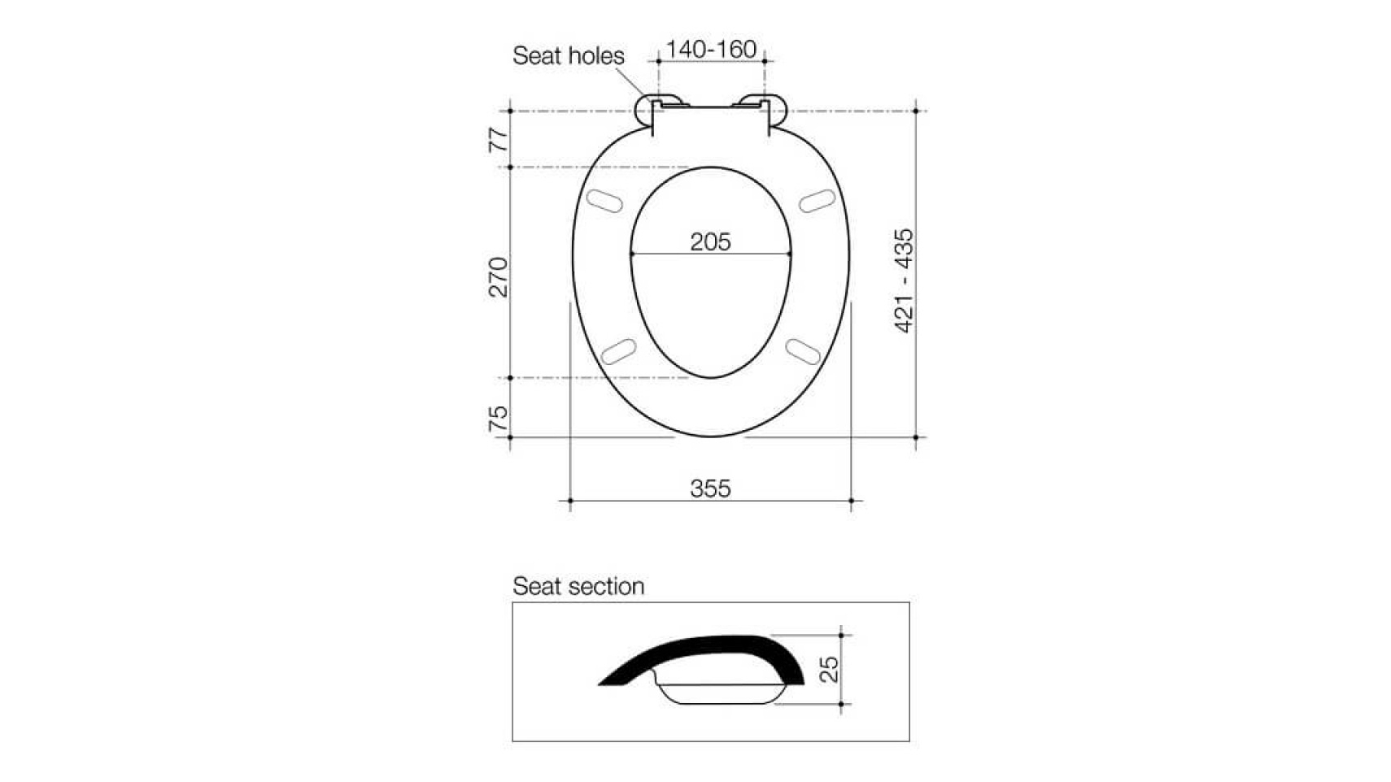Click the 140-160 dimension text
pos(710,50)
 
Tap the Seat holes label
pos(568,56)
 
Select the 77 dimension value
pos(499,140)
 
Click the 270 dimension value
pos(499,277)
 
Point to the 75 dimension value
pos(499,418)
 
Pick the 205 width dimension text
pos(710,241)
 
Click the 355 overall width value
pos(710,489)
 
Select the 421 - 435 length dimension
pos(904,280)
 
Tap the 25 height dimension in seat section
pos(829,669)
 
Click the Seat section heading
pos(578,586)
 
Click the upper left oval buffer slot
pos(604,200)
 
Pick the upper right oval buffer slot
pos(817,200)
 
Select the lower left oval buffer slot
pos(617,352)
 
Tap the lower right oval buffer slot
pos(803,351)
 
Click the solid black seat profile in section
pos(716,650)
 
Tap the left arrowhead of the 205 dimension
pos(634,254)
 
